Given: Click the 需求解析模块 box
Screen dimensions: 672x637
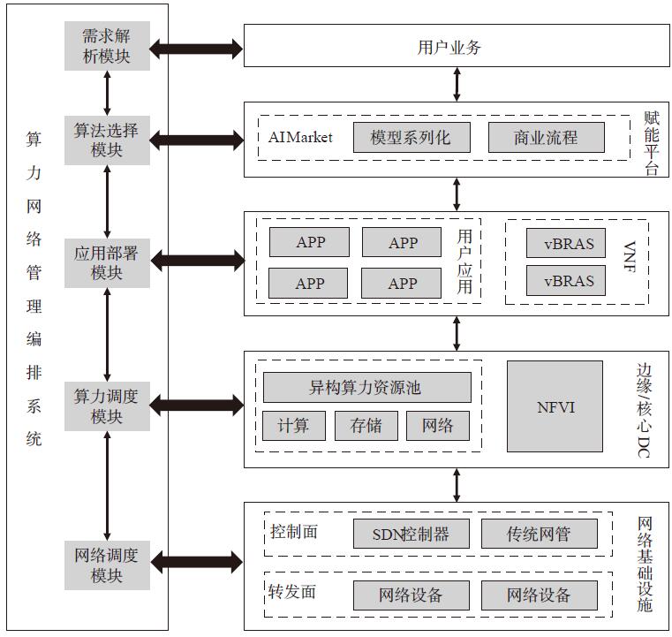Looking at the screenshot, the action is coord(107,46).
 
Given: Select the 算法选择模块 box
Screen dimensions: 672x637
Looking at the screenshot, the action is coord(107,140).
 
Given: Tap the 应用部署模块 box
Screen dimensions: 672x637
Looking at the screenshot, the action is coord(107,262).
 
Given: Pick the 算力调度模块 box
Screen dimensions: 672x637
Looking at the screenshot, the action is coord(107,406).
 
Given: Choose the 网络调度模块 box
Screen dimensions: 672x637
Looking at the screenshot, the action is coord(107,565).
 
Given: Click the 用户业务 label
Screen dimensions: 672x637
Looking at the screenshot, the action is coord(449,47).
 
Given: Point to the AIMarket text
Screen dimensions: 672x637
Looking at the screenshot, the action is coord(300,137).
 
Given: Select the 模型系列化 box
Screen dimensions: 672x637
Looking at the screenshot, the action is coord(412,138).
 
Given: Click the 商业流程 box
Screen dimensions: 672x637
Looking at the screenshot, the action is coord(547,138).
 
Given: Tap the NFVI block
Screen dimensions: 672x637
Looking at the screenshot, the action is coord(555,406).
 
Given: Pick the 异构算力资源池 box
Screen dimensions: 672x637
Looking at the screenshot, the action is coord(366,388).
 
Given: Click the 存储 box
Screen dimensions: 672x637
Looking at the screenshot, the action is coord(366,426).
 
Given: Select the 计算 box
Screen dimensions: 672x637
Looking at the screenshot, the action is coord(294,426).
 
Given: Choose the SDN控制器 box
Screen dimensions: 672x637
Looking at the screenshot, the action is coord(412,534).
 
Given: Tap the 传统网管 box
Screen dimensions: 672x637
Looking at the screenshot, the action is coord(540,534).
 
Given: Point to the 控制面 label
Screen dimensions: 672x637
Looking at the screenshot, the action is coord(294,532).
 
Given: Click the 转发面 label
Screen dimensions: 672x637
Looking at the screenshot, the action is coord(292,592).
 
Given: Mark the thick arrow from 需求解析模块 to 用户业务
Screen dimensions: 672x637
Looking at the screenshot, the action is coord(196,49).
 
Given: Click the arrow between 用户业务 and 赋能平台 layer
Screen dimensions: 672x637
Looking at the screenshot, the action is coord(457,85).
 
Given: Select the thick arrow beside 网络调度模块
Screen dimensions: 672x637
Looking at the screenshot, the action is coord(197,563).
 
